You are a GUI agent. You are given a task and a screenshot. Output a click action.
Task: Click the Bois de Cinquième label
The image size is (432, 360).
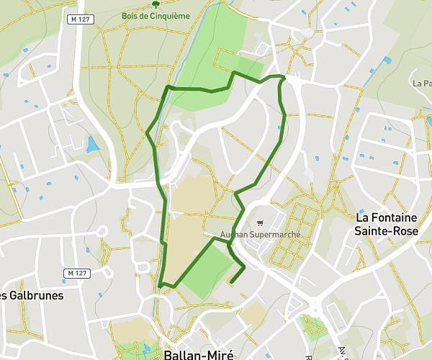click(x=156, y=15)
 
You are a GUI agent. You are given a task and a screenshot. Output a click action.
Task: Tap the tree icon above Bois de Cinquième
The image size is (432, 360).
click(x=156, y=4)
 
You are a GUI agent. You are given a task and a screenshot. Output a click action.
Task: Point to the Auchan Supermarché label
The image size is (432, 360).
click(x=260, y=235)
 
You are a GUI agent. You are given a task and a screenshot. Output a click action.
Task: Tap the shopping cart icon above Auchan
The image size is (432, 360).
click(x=260, y=223)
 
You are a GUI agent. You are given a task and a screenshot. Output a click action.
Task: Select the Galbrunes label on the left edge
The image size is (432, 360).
click(x=32, y=295)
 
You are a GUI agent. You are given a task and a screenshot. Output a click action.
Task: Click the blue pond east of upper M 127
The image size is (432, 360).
click(x=92, y=145)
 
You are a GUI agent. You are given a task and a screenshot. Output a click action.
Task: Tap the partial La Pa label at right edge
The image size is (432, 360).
click(x=422, y=84)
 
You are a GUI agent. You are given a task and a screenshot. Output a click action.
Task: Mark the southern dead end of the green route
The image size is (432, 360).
click(x=230, y=281)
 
